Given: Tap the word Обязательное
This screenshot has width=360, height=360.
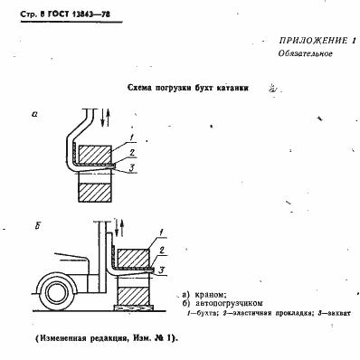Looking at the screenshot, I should [x=307, y=55].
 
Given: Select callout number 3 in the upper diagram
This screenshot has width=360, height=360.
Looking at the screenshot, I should [x=134, y=169].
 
